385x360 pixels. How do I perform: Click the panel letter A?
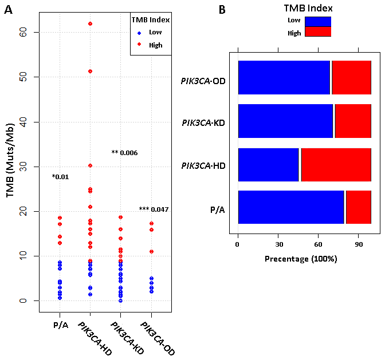[9, 10]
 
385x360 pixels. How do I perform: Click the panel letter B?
[222, 10]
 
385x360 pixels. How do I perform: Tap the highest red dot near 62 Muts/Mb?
[90, 23]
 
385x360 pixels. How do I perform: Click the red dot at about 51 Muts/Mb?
[90, 71]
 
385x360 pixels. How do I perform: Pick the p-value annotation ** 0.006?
[124, 153]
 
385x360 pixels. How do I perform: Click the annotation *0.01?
[60, 176]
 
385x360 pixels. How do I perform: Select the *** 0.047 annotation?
[154, 209]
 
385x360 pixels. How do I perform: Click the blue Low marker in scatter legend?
[139, 33]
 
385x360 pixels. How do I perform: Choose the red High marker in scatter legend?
[139, 45]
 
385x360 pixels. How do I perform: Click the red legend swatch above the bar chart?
[318, 32]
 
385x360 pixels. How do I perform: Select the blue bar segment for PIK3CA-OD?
[284, 77]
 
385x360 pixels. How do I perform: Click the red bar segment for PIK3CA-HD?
[336, 165]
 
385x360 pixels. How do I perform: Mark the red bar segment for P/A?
[358, 207]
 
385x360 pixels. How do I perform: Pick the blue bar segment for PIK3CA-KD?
[285, 121]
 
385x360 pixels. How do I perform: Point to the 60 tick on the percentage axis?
[318, 243]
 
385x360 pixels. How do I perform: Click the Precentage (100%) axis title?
[301, 259]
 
